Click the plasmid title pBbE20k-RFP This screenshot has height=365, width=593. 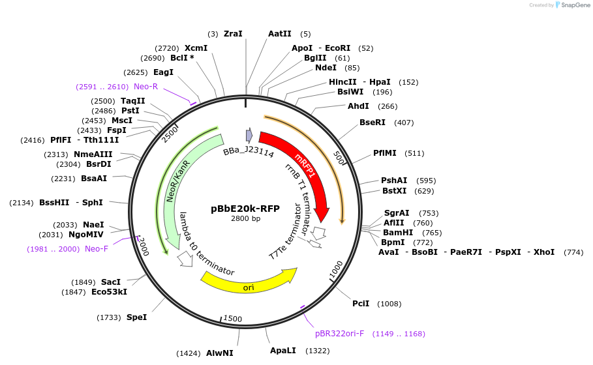pos(245,209)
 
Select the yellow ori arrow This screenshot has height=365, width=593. pos(248,281)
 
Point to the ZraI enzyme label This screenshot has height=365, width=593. pos(233,33)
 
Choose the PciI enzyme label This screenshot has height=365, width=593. pos(361,303)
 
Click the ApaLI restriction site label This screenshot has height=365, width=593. pos(283,350)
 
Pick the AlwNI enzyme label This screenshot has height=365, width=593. pos(220,353)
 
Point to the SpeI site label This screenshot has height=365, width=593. pos(136,317)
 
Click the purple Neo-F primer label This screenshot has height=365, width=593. pos(97,248)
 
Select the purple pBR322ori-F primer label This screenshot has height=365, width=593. pos(339,333)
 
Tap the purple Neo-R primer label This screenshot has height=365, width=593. pos(146,86)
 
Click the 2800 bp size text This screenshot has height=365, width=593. pos(245,218)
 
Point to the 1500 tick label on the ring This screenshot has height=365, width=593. pos(233,319)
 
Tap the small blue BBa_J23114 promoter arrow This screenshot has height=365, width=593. pos(249,135)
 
